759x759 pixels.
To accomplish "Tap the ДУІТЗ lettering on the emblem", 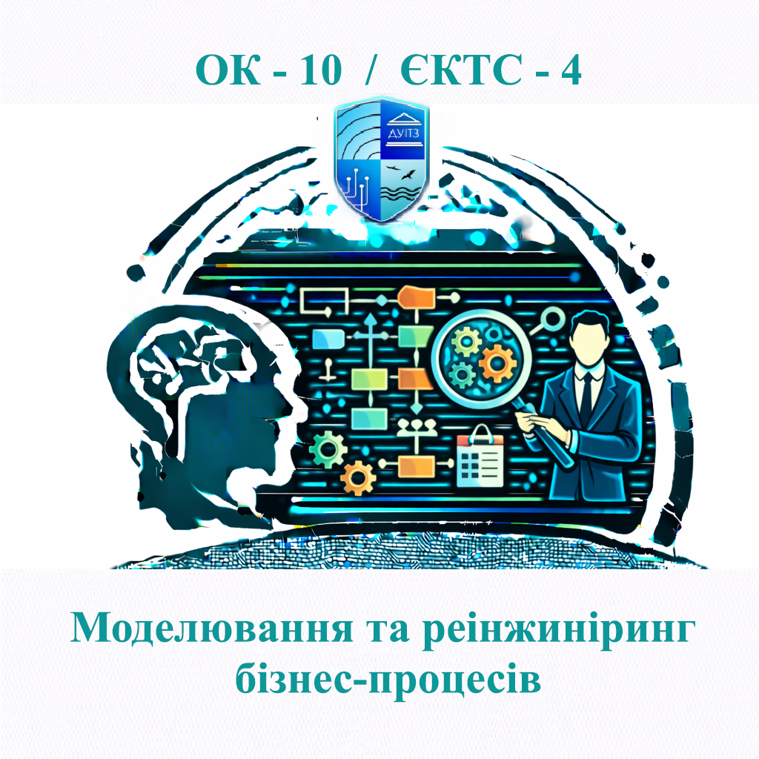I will [x=405, y=132].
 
